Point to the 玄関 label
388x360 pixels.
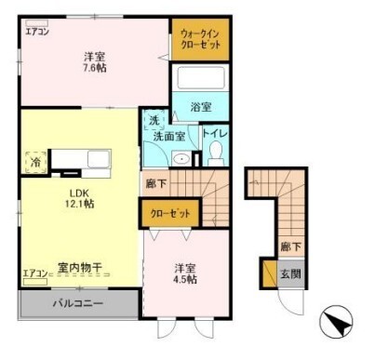click(291, 273)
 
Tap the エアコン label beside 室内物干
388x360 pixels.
click(33, 274)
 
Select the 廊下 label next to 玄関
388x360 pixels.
click(290, 247)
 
